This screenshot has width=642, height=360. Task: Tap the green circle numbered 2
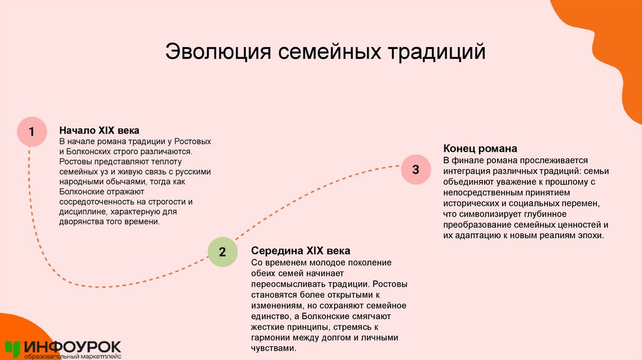coord(223,252)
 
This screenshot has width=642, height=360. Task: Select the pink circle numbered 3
coord(415,169)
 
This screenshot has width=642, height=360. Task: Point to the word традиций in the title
coord(438,51)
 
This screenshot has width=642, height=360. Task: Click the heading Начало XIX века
coord(99,130)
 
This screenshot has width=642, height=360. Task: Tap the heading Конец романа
coord(480,149)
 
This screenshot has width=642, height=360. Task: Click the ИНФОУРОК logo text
coord(73,346)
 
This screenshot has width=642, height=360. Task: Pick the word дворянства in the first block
coord(82,221)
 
